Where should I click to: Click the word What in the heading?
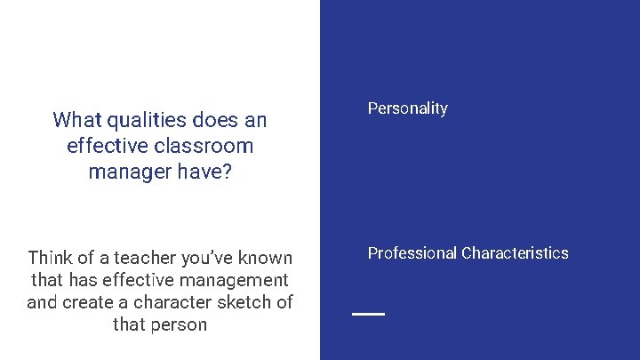coord(76,120)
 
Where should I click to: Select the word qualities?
coord(143,120)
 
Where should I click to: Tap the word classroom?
coord(205,146)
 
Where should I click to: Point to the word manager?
coord(124,172)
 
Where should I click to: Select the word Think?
coord(51,259)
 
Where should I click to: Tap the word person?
coord(182,324)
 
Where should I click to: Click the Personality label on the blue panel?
coord(408,108)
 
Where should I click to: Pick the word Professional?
coord(412,253)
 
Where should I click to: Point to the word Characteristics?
coord(516,253)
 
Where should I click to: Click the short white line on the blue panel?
coord(368,314)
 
